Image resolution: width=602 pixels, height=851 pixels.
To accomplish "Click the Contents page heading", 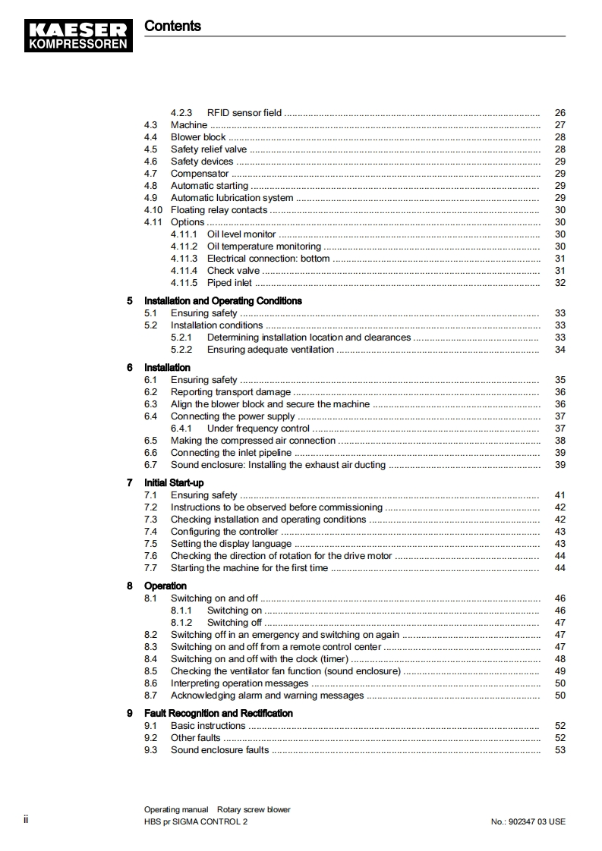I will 172,26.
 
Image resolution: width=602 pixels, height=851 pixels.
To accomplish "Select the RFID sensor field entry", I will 244,113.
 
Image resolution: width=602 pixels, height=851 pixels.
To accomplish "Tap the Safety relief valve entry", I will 208,149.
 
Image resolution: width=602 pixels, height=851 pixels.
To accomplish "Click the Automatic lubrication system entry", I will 232,198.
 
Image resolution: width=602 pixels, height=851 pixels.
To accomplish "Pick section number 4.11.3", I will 184,259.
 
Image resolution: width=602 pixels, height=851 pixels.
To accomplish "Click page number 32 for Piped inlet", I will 559,283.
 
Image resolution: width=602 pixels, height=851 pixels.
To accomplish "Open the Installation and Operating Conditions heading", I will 222,301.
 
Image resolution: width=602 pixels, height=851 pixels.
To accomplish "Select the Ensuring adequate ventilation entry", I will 270,350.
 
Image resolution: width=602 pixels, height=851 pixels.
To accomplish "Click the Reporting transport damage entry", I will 230,392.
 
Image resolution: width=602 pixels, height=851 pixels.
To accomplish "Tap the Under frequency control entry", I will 258,429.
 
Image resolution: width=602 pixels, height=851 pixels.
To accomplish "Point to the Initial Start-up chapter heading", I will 174,483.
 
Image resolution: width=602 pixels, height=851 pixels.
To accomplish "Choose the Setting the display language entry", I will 231,544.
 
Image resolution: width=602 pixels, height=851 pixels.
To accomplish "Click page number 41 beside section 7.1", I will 559,495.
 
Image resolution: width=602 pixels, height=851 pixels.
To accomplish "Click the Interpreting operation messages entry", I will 239,683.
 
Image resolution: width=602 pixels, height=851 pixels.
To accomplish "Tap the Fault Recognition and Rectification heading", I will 218,714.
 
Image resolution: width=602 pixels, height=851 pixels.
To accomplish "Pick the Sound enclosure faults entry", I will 219,750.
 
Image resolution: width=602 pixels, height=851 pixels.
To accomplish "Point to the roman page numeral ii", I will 26,820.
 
